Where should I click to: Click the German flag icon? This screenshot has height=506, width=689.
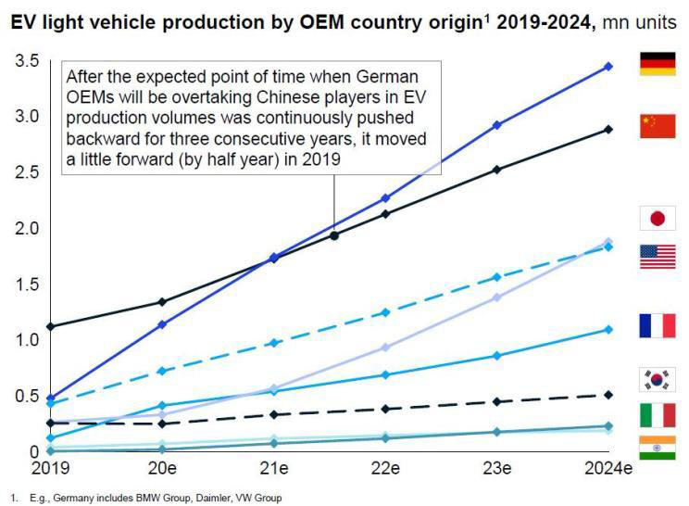tap(657, 64)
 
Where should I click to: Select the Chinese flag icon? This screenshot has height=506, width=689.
tap(657, 126)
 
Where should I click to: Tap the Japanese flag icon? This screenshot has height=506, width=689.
tap(657, 219)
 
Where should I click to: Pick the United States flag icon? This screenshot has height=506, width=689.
tap(657, 257)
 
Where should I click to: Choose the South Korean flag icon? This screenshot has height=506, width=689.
tap(657, 379)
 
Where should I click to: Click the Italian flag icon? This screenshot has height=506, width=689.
tap(657, 415)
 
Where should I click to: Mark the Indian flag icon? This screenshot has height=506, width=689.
tap(657, 448)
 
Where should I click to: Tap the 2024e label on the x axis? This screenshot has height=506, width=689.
tap(608, 469)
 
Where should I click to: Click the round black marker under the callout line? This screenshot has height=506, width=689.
tap(334, 235)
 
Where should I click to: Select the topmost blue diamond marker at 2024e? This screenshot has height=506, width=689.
tap(608, 67)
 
